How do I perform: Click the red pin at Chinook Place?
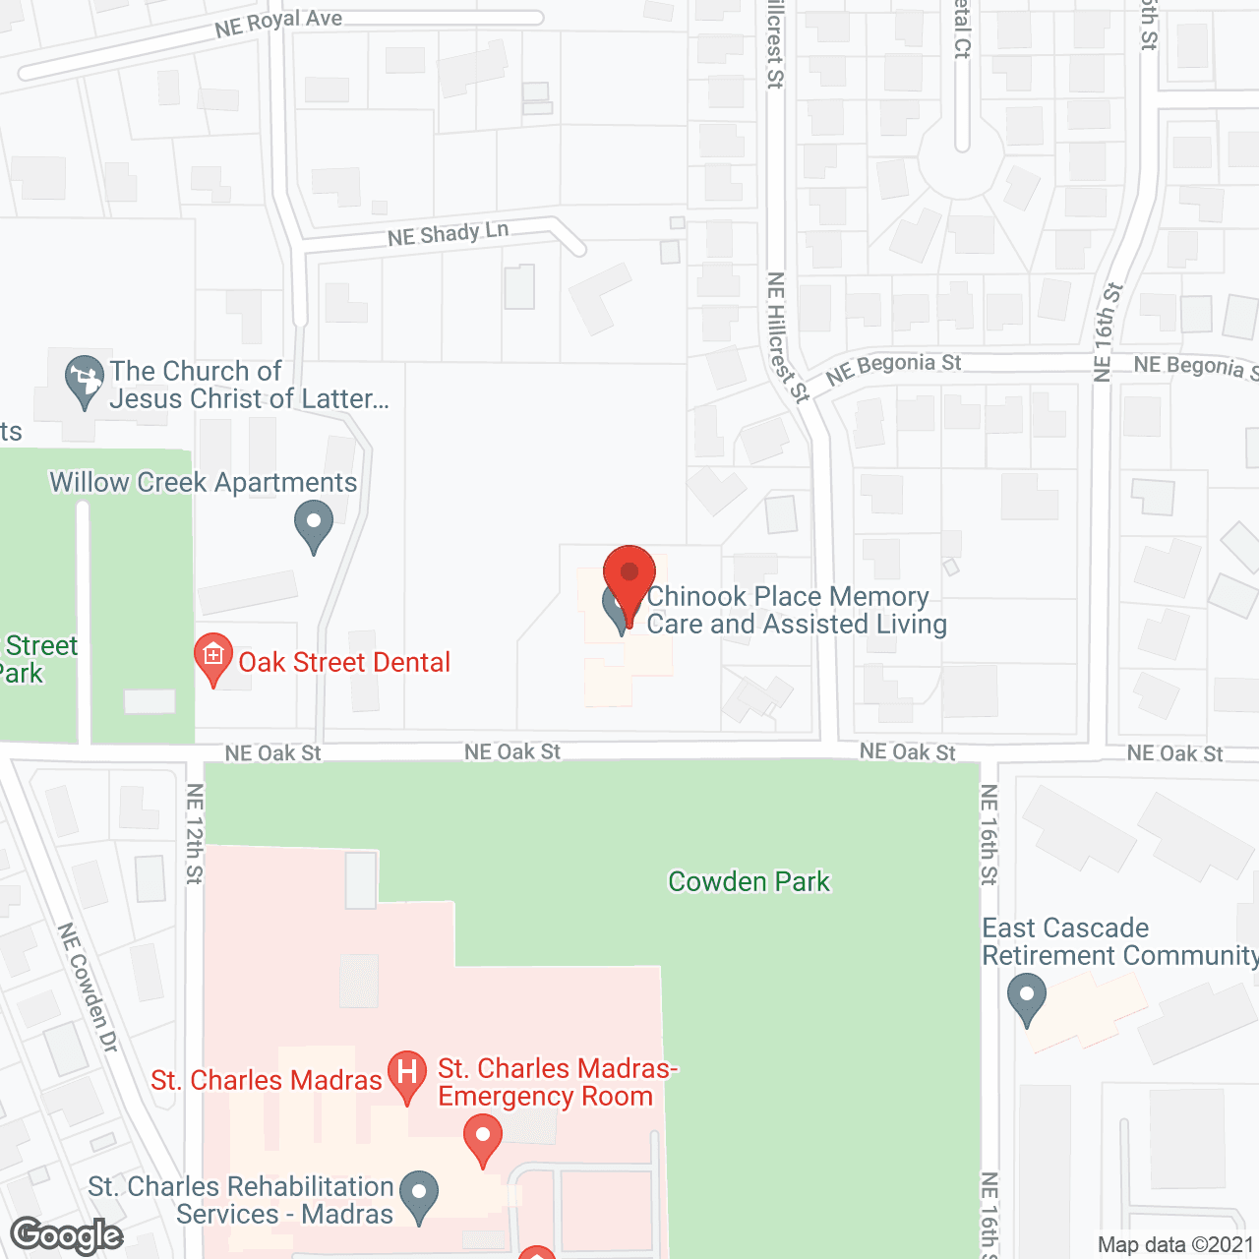point(629,575)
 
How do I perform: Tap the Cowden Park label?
point(749,881)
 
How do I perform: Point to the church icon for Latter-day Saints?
point(85,379)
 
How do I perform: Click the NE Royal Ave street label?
point(278,23)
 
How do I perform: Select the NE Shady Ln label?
point(448,234)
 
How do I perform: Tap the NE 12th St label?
point(195,833)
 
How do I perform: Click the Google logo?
point(67,1235)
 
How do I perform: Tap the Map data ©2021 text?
point(1175,1245)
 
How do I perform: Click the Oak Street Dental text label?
point(344,662)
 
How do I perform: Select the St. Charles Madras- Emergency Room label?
point(557,1082)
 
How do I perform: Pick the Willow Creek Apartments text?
point(204,482)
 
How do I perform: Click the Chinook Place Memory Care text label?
point(797,610)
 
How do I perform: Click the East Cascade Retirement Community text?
point(1119,941)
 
